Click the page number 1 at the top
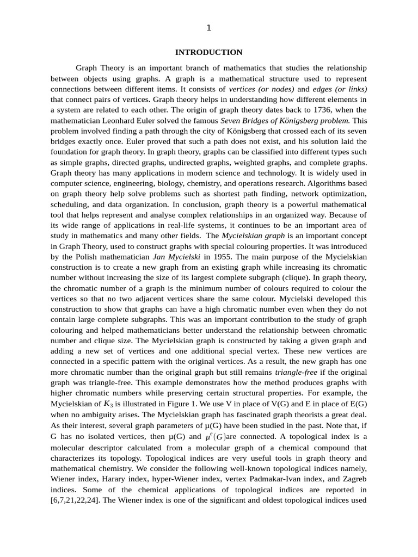(208, 28)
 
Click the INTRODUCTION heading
(208, 52)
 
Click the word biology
(186, 183)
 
